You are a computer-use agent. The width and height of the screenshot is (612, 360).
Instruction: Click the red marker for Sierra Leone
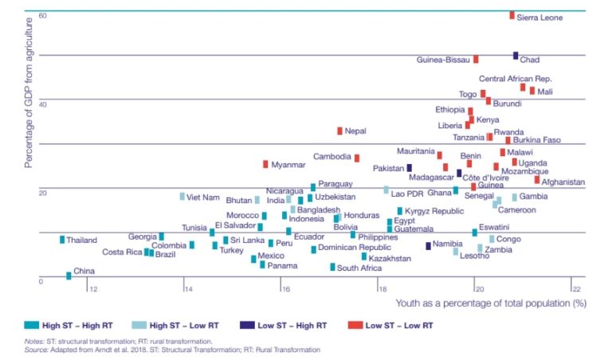[x=512, y=15]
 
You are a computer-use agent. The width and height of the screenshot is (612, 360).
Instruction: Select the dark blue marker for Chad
[x=516, y=56]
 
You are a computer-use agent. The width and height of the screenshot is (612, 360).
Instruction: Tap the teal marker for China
[x=69, y=276]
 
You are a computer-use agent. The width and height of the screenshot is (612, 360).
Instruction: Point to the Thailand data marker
[x=62, y=240]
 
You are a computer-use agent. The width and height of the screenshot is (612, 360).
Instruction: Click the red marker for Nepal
[x=339, y=131]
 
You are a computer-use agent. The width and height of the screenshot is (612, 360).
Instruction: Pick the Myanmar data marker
[x=265, y=164]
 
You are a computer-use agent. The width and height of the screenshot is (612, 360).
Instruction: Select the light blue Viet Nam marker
[x=182, y=196]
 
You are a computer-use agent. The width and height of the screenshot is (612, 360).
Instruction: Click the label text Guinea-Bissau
[x=443, y=59]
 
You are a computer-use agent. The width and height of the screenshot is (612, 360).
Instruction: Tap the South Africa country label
[x=359, y=268]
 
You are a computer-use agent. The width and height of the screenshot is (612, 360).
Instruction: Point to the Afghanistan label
[x=563, y=182]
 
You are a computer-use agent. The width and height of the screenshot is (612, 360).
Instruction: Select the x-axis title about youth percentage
[x=491, y=303]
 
